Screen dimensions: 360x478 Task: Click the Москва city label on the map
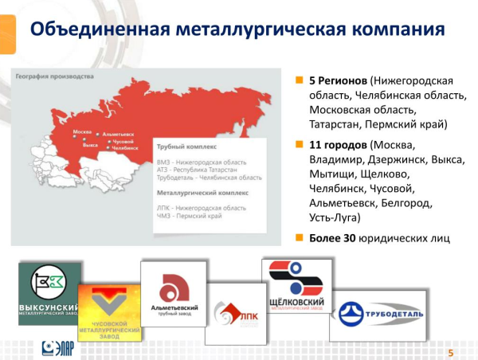click(83, 131)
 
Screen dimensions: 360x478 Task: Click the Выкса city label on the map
click(90, 146)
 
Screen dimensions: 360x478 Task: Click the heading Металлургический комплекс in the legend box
click(203, 193)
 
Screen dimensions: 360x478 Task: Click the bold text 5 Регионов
click(338, 81)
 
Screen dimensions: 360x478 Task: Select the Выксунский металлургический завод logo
click(49, 292)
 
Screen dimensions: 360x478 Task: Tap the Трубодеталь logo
click(378, 313)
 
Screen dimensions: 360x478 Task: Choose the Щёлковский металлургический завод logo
click(296, 287)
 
